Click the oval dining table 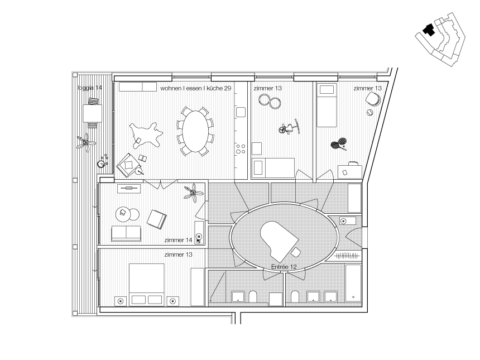tap(195, 131)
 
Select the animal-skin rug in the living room tap(146, 134)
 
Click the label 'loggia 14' tap(90, 88)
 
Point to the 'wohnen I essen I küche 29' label tap(195, 88)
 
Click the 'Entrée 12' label tap(284, 267)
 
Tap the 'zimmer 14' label tap(178, 240)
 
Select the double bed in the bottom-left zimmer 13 tap(147, 285)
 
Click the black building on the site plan tap(429, 30)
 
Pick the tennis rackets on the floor tap(339, 143)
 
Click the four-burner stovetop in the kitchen tap(241, 149)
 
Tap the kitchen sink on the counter tap(241, 112)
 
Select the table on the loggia tap(93, 113)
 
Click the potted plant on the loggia tap(86, 142)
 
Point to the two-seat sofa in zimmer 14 tap(126, 233)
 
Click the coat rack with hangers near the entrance tap(347, 255)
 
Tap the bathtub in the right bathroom tap(353, 283)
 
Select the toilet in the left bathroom tap(253, 296)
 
